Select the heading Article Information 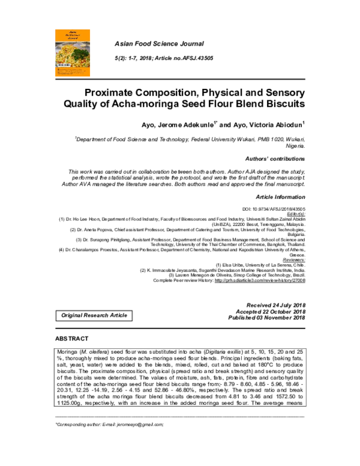pyautogui.click(x=280, y=197)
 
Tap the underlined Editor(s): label pyautogui.click(x=295, y=213)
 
